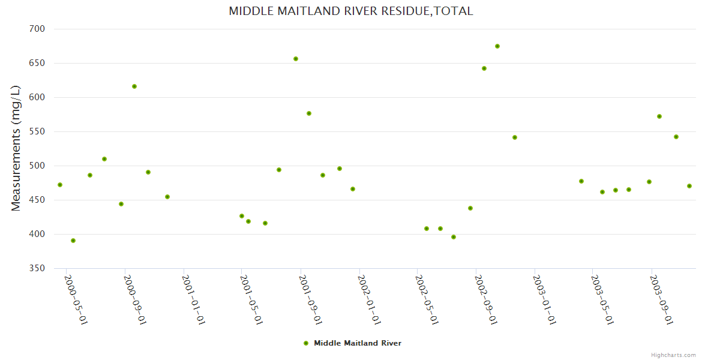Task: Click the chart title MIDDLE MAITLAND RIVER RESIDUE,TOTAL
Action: click(350, 11)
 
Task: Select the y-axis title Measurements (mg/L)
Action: click(16, 148)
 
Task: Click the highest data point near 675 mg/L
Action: click(497, 46)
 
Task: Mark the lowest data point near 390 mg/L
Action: click(73, 241)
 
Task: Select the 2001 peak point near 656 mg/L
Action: click(296, 59)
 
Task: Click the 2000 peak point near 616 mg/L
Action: click(134, 86)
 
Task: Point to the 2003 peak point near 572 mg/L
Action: click(659, 116)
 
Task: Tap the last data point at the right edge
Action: click(689, 186)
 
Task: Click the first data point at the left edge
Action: click(60, 185)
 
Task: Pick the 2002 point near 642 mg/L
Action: click(484, 68)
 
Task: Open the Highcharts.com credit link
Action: click(673, 355)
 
